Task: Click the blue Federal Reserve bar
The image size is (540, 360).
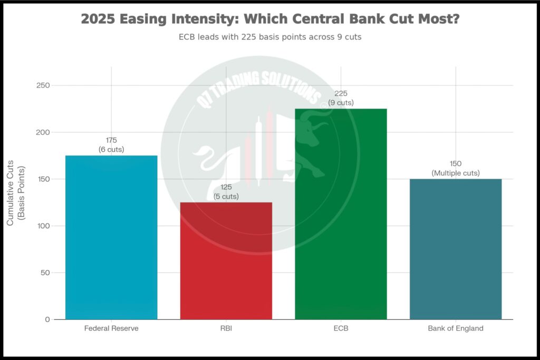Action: click(111, 237)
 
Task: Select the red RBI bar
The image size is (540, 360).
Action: click(226, 261)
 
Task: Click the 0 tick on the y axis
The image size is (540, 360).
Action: click(47, 319)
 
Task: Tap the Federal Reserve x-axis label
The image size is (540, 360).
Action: click(111, 328)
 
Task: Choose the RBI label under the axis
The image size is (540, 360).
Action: click(226, 328)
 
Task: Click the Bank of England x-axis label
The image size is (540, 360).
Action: click(456, 328)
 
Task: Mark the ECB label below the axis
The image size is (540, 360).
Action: click(341, 328)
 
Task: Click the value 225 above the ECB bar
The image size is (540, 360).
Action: click(341, 93)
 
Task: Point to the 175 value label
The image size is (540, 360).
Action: click(111, 140)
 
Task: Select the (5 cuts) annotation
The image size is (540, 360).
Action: click(226, 197)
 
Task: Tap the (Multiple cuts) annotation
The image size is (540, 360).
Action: click(456, 173)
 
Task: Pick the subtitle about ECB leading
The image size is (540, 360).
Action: click(270, 38)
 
